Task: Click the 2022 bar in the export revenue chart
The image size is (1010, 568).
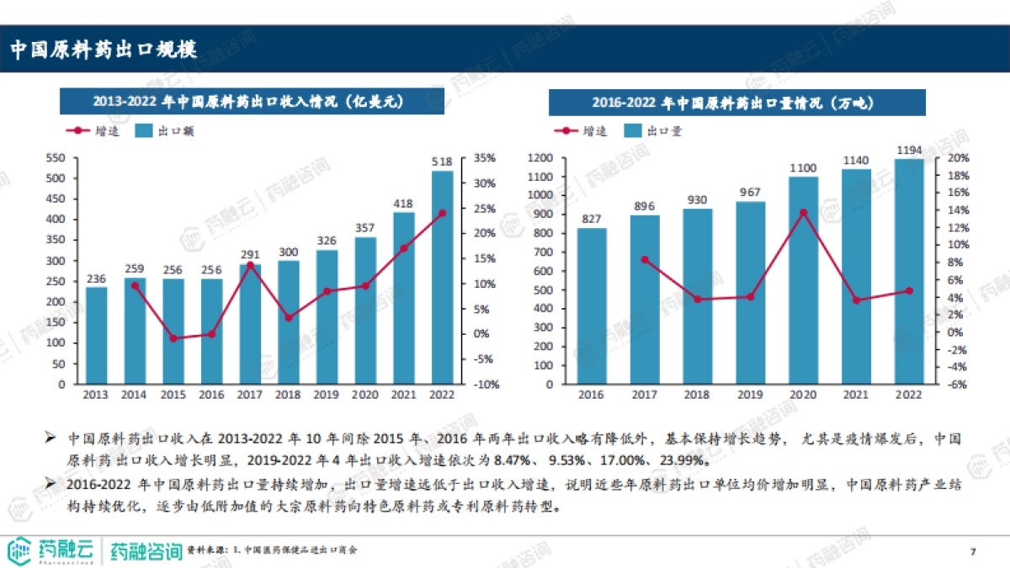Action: coord(442,278)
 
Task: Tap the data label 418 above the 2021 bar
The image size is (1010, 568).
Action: coord(404,203)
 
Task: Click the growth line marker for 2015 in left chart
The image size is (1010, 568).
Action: coord(173,338)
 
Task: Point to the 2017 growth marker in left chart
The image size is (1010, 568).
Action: coord(250,265)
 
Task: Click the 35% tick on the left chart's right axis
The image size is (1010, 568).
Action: coord(486,158)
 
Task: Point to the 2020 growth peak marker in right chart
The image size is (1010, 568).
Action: coord(803,212)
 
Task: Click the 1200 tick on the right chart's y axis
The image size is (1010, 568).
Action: coord(540,158)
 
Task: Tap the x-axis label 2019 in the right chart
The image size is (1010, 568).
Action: coord(750,394)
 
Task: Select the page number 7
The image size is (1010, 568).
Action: coord(973,551)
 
